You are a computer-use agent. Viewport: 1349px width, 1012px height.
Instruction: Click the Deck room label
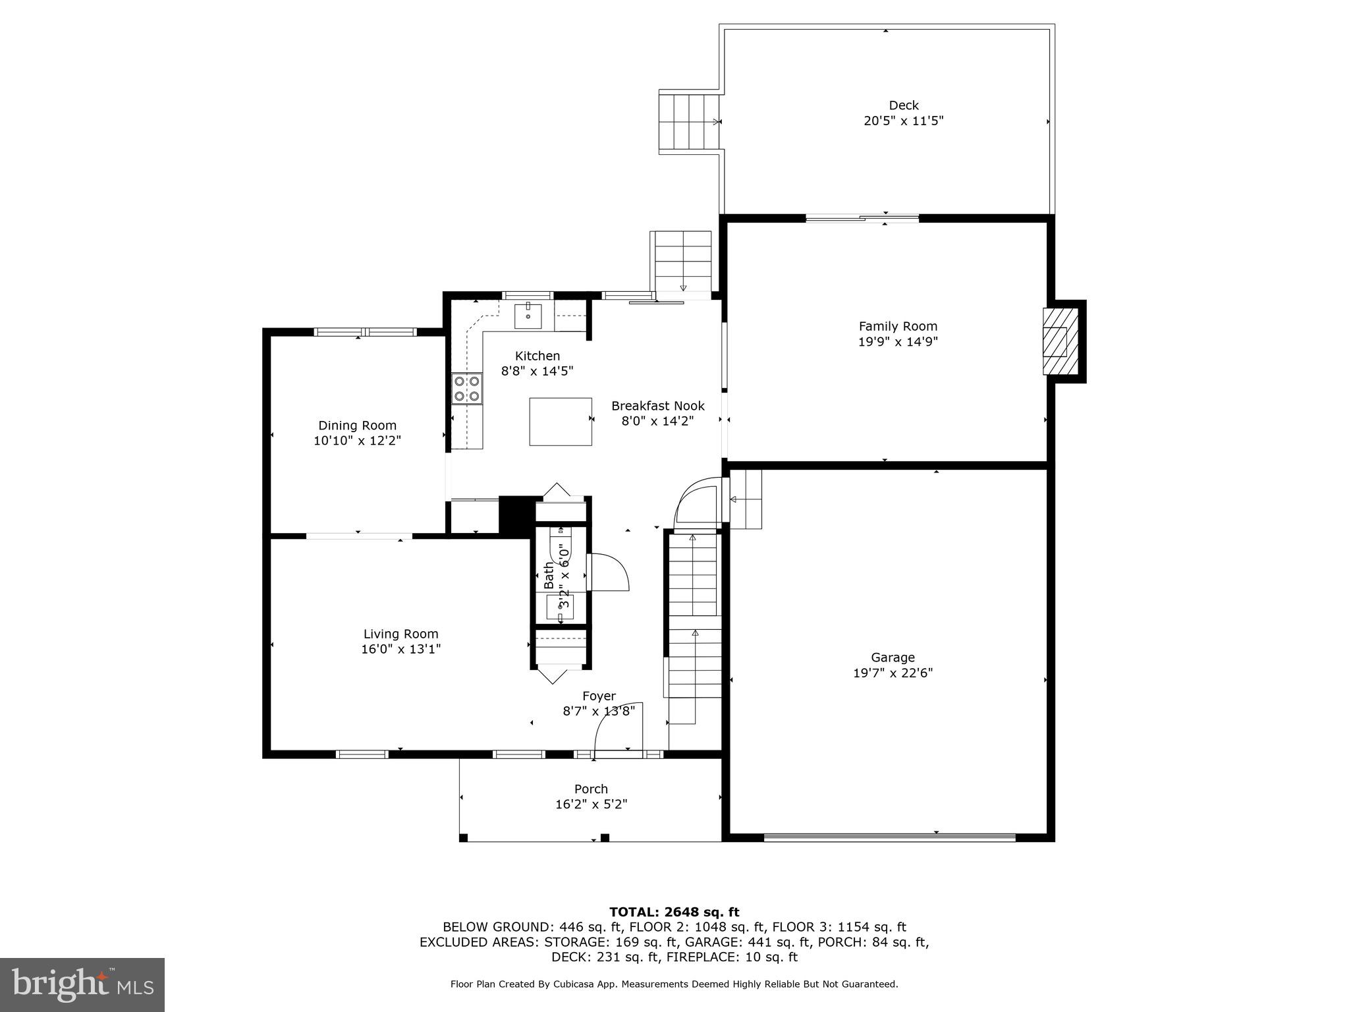(903, 105)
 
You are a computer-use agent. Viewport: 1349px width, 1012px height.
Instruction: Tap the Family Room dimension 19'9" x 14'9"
(897, 342)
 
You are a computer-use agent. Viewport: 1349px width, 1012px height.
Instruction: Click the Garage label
(893, 657)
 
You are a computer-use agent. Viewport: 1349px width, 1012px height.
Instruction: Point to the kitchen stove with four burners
(466, 388)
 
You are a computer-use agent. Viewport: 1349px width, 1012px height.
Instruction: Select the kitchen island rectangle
(560, 421)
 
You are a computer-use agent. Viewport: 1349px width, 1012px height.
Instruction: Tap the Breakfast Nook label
(657, 406)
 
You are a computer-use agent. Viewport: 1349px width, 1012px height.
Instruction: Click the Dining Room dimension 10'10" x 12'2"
(357, 441)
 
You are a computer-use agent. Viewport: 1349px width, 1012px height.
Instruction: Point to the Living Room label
(400, 634)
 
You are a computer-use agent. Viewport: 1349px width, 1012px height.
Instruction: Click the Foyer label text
(599, 696)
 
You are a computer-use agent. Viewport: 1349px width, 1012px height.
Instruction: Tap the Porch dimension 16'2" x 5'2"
(591, 804)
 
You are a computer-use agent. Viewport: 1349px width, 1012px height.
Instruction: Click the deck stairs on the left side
(688, 122)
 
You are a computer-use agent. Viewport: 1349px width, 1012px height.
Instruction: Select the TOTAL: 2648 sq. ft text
(674, 912)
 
